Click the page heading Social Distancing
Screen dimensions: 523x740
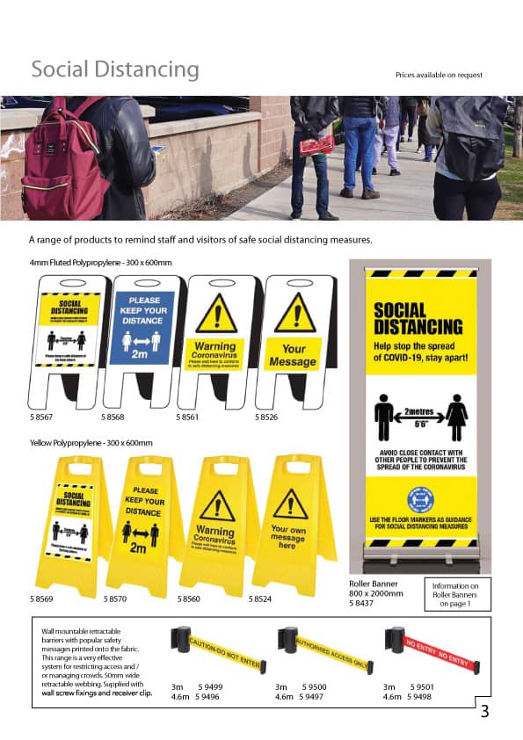[115, 69]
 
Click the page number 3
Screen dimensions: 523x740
[484, 712]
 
